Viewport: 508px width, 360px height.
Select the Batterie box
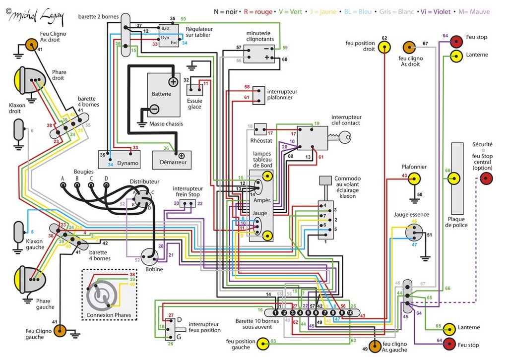point(162,94)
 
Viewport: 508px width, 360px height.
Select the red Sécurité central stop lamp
point(486,180)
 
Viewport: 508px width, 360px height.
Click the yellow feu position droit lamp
point(383,47)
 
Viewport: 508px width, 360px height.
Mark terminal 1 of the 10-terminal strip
point(275,313)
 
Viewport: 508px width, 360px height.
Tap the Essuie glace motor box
point(194,89)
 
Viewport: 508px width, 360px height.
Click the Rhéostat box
point(260,129)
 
